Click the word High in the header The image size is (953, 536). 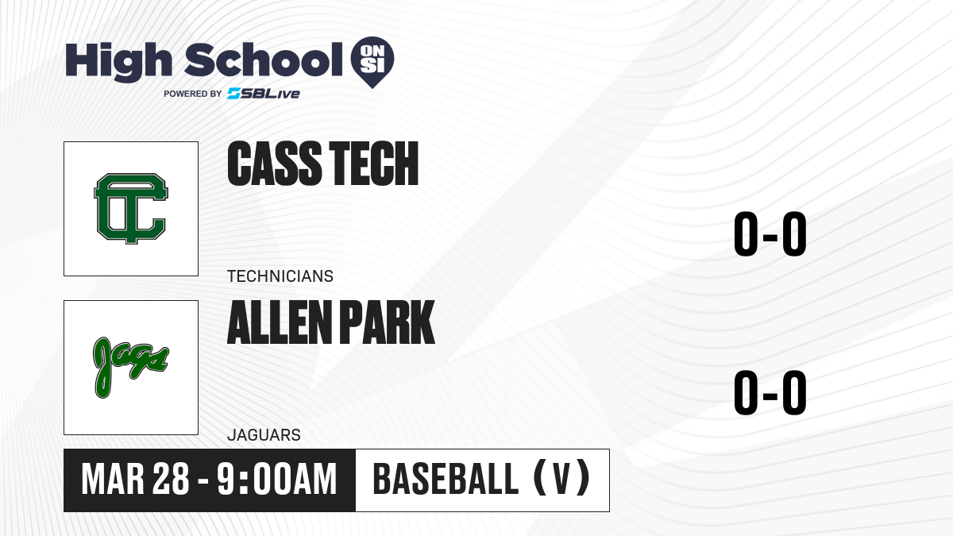(x=118, y=62)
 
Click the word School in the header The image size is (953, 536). (x=264, y=60)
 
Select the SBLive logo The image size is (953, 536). (x=264, y=94)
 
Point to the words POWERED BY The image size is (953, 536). (x=193, y=94)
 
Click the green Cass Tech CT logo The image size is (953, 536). (x=131, y=208)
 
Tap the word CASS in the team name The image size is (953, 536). (x=275, y=164)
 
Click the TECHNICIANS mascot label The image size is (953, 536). (x=280, y=276)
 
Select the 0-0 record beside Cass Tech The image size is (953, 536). (x=770, y=234)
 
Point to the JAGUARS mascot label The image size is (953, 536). (x=264, y=435)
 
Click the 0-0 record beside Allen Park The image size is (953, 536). (x=770, y=392)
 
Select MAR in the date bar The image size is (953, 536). (x=113, y=480)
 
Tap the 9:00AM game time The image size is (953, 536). (x=277, y=480)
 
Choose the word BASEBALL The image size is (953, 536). (x=446, y=479)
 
